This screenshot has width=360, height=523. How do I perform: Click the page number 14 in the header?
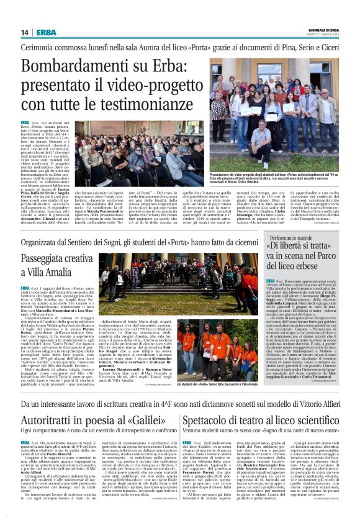[25, 32]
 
